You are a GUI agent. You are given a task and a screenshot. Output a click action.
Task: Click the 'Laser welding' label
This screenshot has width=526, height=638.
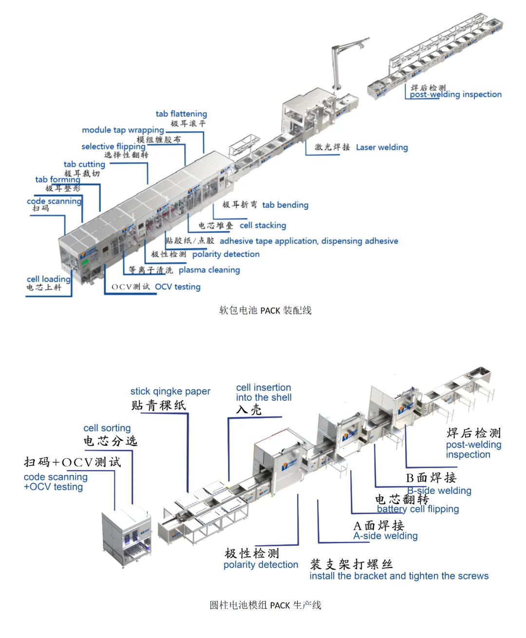point(381,147)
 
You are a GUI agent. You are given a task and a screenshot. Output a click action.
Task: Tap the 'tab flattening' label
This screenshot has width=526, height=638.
point(181,114)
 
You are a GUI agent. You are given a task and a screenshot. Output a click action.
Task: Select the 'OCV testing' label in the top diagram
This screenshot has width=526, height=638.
point(177,287)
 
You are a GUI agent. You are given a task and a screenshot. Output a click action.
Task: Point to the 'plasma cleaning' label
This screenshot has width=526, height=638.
point(209,270)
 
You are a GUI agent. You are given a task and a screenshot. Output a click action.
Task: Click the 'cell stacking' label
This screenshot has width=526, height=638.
point(263,225)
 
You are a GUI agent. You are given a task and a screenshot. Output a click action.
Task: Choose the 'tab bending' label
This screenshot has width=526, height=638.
point(285,205)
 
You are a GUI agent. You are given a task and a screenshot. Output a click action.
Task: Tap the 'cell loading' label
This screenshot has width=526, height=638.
point(48,279)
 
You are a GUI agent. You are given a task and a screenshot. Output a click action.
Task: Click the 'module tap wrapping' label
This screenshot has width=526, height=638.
point(123,130)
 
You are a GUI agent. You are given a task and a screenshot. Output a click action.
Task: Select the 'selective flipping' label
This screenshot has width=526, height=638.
point(113,146)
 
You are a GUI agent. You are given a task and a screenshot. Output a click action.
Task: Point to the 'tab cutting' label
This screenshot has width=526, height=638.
point(84,164)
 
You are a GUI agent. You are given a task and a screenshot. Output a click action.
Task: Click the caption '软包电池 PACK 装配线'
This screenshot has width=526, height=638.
point(265,310)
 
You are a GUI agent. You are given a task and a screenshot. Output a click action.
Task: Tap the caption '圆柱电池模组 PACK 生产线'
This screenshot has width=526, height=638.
point(265,605)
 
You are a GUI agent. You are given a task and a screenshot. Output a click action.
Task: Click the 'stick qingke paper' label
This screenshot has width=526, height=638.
point(170,391)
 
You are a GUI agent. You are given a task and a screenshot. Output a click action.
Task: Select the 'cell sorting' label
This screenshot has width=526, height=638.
point(107,428)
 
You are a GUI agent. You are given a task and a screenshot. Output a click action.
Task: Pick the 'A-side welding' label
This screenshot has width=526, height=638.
point(385,536)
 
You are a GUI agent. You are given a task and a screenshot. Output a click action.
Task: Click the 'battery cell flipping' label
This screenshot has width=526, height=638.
point(418,509)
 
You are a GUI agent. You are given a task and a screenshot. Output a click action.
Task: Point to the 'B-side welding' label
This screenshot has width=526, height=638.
point(439,491)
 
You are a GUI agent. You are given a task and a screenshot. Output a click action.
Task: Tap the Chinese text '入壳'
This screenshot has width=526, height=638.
point(249,410)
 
